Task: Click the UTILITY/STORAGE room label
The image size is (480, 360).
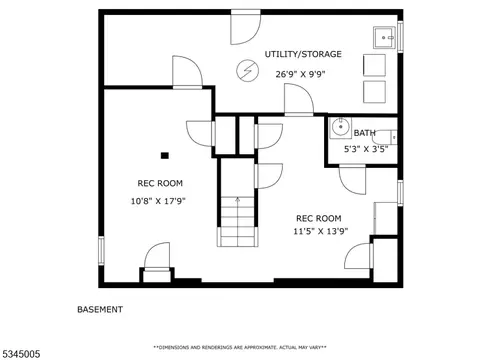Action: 303,54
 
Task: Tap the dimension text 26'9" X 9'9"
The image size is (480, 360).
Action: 300,74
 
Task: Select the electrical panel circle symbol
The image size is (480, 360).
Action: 248,71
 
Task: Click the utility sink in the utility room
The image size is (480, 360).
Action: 384,38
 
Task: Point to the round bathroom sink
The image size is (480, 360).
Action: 340,127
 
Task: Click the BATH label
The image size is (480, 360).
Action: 364,133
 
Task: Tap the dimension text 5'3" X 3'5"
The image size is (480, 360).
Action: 366,149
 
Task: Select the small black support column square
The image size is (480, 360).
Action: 165,155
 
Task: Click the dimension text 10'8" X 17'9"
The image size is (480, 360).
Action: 158,201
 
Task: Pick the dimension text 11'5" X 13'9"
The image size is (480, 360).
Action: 321,231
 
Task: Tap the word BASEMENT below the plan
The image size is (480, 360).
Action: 100,309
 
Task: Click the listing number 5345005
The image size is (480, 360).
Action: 20,354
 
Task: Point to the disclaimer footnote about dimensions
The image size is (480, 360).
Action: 240,347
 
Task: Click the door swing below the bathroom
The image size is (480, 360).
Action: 353,180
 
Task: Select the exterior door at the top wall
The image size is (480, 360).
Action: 246,27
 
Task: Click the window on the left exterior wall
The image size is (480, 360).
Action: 101,250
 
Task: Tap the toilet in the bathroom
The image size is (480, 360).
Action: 385,137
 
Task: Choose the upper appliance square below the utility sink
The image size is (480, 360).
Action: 374,65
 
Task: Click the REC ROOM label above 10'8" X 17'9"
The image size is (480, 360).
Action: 160,183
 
